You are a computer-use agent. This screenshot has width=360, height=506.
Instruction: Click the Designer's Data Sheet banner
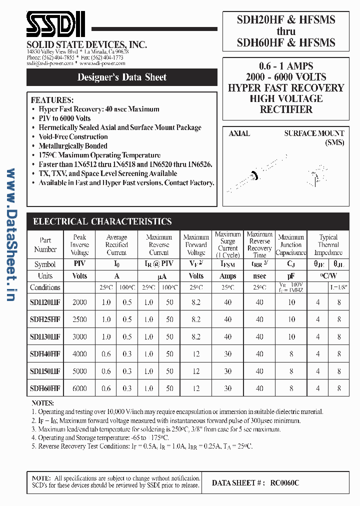click(x=122, y=77)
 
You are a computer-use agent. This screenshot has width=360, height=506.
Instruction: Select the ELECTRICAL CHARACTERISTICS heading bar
click(x=102, y=221)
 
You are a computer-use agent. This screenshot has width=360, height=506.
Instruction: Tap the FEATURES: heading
click(x=52, y=100)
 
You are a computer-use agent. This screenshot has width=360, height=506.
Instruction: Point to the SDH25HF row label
click(x=45, y=319)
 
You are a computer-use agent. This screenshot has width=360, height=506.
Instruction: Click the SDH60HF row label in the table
click(x=45, y=388)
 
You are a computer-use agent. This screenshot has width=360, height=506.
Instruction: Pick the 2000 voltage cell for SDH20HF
click(x=79, y=302)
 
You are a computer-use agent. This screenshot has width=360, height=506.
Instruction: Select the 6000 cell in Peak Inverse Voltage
click(x=79, y=388)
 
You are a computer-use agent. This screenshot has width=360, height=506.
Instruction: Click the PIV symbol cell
click(x=79, y=264)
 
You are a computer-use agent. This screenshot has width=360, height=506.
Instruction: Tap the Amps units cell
click(x=227, y=276)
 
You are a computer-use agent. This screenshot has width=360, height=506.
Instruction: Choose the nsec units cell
click(x=259, y=276)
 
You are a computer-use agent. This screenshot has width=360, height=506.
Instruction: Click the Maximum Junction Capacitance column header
click(x=291, y=245)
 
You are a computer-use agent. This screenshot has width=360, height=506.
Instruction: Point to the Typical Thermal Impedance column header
click(x=328, y=245)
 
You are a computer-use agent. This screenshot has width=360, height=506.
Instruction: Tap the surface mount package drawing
click(x=314, y=175)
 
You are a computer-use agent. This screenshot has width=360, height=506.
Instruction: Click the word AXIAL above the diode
click(x=239, y=133)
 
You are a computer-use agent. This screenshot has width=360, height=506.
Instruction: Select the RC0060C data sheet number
click(x=284, y=483)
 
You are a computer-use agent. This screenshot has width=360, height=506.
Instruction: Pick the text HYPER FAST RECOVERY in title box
click(x=286, y=88)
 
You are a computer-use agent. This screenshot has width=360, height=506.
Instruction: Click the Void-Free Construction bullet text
click(x=73, y=136)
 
